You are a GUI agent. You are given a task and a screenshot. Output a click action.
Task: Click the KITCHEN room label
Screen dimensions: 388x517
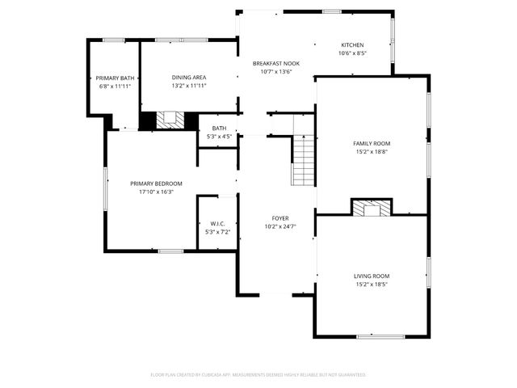352,45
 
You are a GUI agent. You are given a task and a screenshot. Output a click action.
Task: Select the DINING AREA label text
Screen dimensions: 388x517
188,78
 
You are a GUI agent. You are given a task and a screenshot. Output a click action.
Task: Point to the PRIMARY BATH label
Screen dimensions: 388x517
114,78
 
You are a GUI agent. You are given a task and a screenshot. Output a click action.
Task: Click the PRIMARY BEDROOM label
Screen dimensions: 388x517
156,183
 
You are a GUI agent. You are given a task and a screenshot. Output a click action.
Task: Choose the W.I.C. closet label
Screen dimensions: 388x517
217,224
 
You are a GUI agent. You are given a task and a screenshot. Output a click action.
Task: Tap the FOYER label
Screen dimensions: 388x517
280,218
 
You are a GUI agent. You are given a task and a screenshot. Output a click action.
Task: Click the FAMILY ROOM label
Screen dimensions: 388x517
372,143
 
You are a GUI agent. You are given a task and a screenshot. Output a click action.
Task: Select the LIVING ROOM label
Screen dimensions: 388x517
372,276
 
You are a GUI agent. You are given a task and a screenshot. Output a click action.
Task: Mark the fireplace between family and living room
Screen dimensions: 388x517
372,208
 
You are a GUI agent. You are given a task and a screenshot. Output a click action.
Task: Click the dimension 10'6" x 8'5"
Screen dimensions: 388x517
352,53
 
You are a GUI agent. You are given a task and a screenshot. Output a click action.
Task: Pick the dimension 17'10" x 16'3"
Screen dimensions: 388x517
156,192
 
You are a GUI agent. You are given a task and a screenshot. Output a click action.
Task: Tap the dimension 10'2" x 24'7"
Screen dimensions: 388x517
280,226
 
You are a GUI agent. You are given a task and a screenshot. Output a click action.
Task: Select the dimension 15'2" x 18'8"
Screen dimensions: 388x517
372,151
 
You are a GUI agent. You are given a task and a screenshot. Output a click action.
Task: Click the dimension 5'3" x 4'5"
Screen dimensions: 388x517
219,137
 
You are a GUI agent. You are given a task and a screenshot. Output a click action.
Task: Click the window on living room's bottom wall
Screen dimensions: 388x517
380,335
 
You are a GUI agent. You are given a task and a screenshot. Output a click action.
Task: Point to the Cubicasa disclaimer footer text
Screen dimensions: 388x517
258,375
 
